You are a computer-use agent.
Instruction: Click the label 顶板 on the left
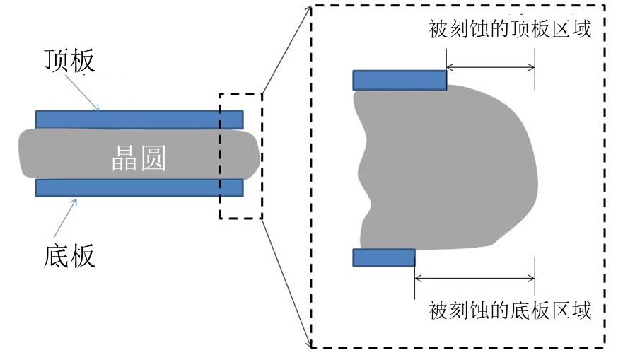coord(69,60)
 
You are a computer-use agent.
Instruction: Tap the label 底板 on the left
coord(69,255)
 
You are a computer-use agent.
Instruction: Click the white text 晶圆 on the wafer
coord(139,158)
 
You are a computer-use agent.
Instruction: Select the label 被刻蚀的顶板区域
coord(510,29)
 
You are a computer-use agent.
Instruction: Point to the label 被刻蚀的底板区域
coord(510,310)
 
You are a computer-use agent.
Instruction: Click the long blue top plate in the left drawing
coord(139,120)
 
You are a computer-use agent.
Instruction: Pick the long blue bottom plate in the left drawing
coord(139,187)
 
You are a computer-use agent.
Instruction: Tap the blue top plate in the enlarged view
coord(400,80)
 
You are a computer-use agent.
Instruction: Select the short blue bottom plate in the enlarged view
coord(384,258)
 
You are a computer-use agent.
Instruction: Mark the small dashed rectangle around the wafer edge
coord(219,156)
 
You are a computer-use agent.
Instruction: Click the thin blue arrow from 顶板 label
coord(82,92)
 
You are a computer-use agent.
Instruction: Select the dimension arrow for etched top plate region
coord(491,67)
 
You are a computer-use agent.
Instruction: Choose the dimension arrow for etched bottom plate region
coord(474,278)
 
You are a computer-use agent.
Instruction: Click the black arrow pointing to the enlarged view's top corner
coord(286,50)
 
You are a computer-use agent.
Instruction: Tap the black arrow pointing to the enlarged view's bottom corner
coord(286,283)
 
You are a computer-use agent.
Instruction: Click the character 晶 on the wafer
coord(124,158)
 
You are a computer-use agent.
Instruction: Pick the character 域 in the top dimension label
coord(581,29)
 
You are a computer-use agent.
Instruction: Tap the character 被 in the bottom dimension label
coord(438,310)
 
